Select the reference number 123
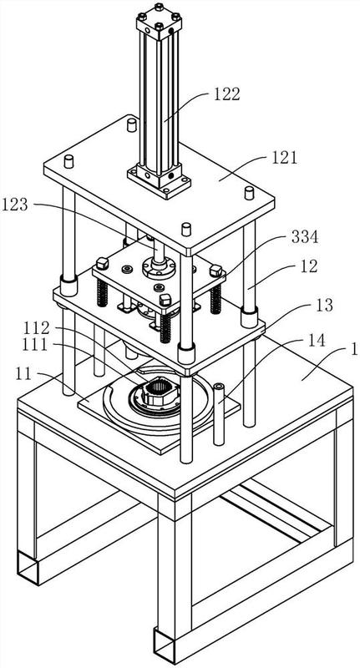14,205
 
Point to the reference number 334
304,237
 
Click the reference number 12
308,266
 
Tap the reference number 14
316,340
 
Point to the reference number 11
25,373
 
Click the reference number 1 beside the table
354,350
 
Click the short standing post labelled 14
219,414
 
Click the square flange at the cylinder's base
159,181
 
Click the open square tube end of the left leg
28,568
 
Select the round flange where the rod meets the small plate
159,267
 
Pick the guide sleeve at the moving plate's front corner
186,353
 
